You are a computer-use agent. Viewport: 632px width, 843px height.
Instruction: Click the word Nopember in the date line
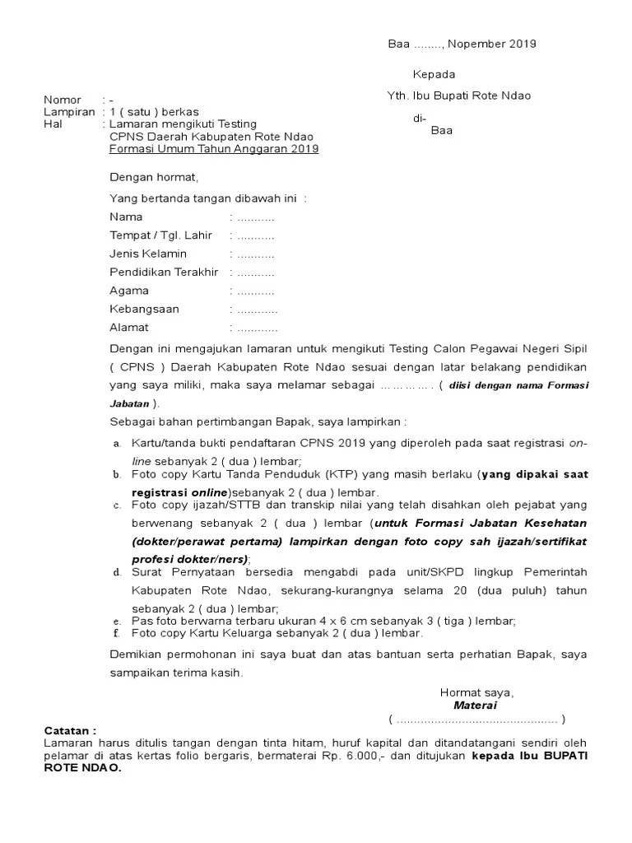pyautogui.click(x=475, y=44)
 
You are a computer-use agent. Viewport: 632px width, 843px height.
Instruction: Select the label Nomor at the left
pyautogui.click(x=62, y=100)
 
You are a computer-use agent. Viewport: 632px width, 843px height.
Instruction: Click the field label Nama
pyautogui.click(x=126, y=217)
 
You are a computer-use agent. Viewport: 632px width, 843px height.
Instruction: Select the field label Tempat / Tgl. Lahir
pyautogui.click(x=160, y=235)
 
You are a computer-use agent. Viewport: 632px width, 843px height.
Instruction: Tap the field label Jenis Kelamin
pyautogui.click(x=148, y=254)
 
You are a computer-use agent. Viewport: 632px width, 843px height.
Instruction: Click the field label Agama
pyautogui.click(x=129, y=291)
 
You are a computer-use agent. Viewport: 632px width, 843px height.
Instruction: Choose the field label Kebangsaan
pyautogui.click(x=144, y=310)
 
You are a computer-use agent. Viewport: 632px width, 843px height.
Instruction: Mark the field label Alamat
pyautogui.click(x=129, y=328)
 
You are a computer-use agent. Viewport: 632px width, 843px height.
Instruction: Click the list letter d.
pyautogui.click(x=117, y=572)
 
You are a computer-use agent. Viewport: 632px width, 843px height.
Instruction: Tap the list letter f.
pyautogui.click(x=117, y=634)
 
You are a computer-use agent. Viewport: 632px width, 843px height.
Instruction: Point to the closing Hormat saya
pyautogui.click(x=476, y=692)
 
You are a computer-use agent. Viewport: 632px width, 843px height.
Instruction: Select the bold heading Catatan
pyautogui.click(x=69, y=730)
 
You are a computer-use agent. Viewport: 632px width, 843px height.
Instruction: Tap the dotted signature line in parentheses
pyautogui.click(x=476, y=719)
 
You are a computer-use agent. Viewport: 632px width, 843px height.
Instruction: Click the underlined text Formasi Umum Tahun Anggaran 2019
pyautogui.click(x=214, y=149)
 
